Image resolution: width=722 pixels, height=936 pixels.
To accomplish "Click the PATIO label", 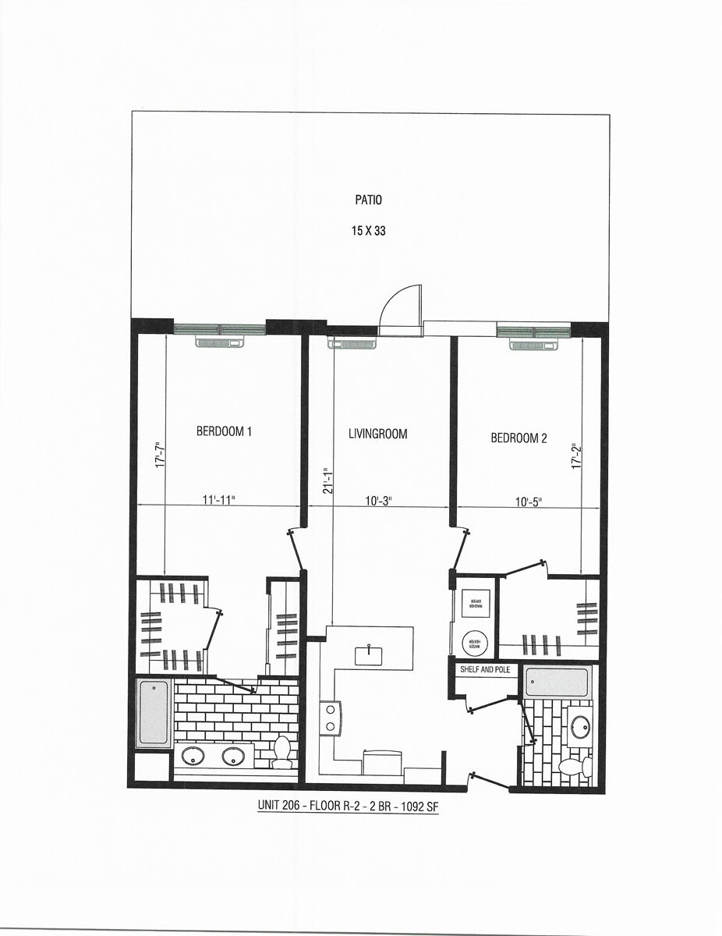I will click(x=369, y=200).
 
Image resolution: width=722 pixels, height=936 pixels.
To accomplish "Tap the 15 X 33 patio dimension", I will click(x=369, y=231).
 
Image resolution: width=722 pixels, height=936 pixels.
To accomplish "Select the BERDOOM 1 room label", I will click(x=224, y=431).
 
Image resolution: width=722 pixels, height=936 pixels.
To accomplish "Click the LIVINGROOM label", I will click(x=377, y=434).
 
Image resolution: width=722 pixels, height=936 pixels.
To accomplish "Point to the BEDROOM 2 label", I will click(x=518, y=438).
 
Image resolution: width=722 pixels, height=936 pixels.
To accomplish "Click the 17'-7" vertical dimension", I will click(x=158, y=456).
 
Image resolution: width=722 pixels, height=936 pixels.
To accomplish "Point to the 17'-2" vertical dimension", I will click(x=577, y=456).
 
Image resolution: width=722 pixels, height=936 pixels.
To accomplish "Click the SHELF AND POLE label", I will click(x=485, y=669).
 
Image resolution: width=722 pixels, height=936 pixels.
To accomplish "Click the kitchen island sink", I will click(x=368, y=655).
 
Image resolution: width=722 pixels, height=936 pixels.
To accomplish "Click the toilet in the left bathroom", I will click(x=281, y=750).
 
